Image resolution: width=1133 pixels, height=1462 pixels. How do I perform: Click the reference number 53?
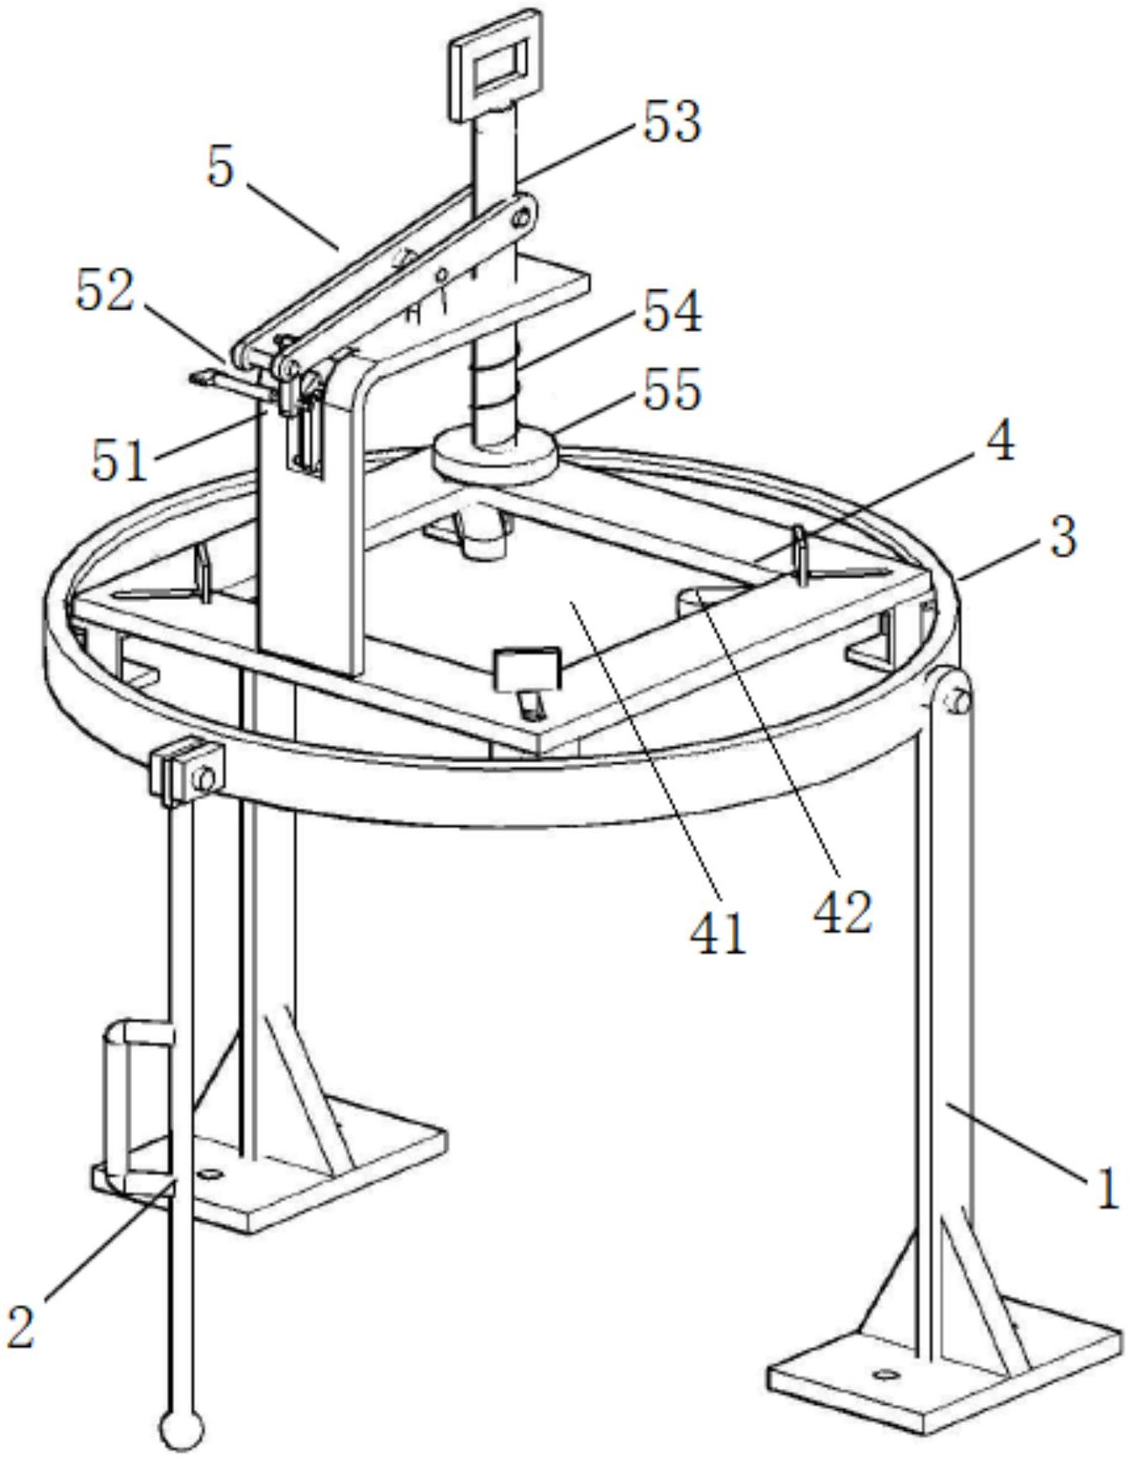coord(672,122)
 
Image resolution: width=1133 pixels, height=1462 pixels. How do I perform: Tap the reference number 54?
coord(673,313)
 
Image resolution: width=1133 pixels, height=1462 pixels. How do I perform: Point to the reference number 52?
coord(105,292)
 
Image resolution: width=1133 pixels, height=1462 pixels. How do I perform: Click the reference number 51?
coord(119,460)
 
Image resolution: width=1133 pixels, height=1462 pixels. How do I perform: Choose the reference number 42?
coord(842,912)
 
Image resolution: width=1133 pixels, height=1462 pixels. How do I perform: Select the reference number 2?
coord(23,1327)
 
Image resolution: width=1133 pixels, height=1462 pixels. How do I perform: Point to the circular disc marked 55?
coord(495,456)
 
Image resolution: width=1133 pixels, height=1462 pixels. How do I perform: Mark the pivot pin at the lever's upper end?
coord(522,218)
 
